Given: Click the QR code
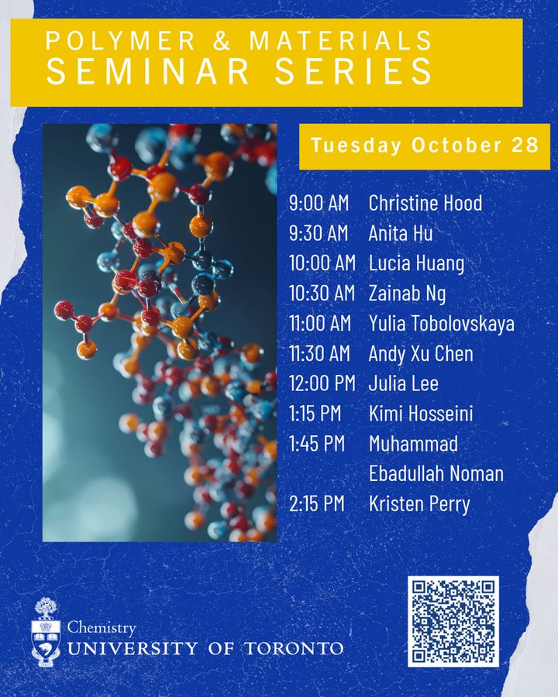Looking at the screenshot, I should click(453, 622).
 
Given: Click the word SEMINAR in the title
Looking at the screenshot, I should click(148, 70).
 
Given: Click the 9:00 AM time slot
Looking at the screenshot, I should click(319, 204).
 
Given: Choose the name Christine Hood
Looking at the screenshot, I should click(425, 204).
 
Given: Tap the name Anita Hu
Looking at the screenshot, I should click(401, 233).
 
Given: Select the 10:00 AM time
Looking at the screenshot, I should click(322, 263).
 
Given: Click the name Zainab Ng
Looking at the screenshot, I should click(407, 294).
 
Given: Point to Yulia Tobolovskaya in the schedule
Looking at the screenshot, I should click(441, 324).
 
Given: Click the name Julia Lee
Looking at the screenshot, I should click(403, 384).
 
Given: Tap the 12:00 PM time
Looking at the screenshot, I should click(322, 384).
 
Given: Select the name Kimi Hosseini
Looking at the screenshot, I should click(421, 414).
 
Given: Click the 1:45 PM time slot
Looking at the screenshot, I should click(316, 445).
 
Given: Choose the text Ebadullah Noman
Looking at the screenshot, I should click(436, 474).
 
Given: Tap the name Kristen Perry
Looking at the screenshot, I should click(419, 504).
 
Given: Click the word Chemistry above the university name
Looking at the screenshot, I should click(102, 628).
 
